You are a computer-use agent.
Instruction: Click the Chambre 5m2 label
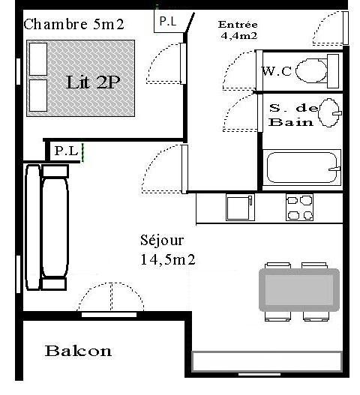click(73, 25)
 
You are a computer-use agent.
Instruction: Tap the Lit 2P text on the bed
click(92, 82)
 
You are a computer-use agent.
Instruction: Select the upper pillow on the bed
click(38, 59)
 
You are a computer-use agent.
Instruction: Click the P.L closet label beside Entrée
click(168, 22)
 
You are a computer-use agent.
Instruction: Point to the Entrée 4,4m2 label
click(238, 30)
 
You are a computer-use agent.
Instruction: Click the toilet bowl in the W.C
click(312, 70)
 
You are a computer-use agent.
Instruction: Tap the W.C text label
click(277, 71)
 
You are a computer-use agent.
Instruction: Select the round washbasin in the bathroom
click(329, 112)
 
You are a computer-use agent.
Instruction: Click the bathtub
click(301, 168)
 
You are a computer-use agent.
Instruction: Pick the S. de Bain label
click(293, 115)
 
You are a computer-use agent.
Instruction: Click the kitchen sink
click(240, 208)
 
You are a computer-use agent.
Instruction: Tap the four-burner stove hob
click(299, 208)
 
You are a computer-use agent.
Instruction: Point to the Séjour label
click(162, 240)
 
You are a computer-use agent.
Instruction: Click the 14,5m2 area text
click(168, 259)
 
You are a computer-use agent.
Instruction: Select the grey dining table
click(299, 290)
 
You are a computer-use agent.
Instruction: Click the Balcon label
click(78, 351)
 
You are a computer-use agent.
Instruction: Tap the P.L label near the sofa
click(66, 151)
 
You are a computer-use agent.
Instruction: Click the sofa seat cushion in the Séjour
click(55, 227)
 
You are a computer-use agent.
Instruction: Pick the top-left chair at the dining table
click(277, 265)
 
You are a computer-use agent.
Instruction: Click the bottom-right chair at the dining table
click(316, 316)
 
